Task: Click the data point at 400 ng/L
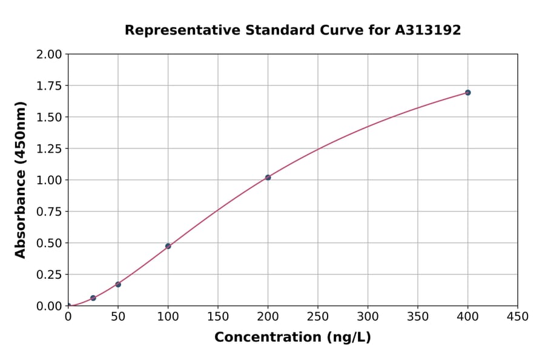coord(467,93)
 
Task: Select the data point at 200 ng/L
coord(268,178)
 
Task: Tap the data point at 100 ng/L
coord(168,246)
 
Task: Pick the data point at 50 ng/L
coord(118,284)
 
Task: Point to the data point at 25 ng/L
coord(93,298)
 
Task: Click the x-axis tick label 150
coord(218,317)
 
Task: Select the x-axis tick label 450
coord(518,317)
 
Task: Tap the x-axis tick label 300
coord(368,317)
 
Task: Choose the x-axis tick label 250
coord(318,317)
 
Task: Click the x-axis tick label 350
coord(418,317)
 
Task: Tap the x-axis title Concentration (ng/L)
coord(292,338)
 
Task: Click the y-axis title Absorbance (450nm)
coord(21,180)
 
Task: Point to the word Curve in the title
coord(320,30)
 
